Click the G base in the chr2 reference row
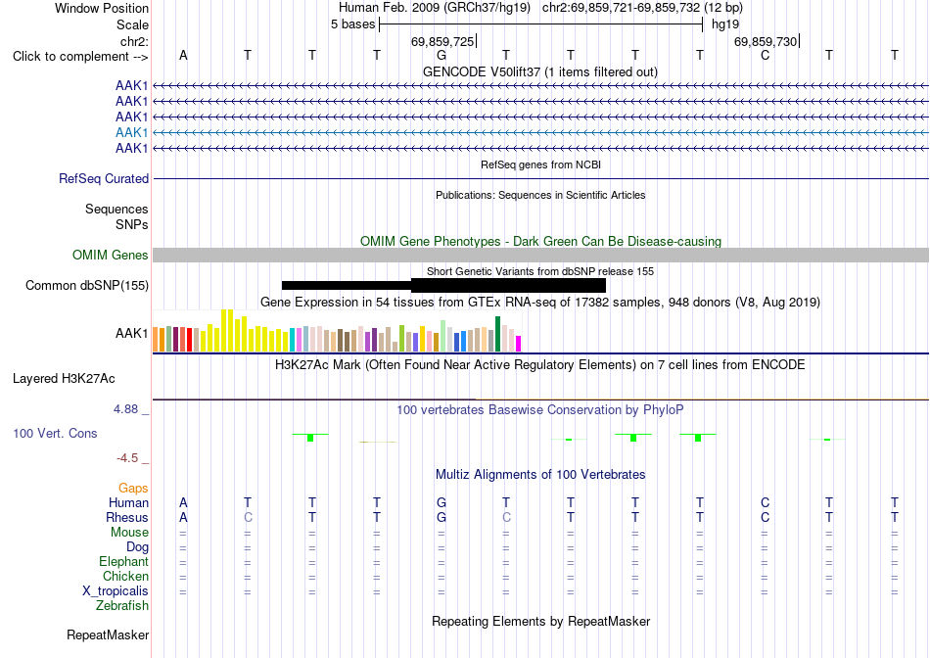tap(442, 55)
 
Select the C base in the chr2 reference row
tap(766, 55)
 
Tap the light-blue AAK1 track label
tap(132, 132)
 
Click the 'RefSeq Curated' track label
tap(104, 178)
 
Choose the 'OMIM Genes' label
tap(111, 256)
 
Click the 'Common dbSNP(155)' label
tap(87, 285)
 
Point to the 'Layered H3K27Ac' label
tap(64, 379)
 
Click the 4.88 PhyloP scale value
tap(125, 409)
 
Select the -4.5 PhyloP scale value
tap(127, 458)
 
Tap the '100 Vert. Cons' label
tap(55, 433)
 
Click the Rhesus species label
tap(127, 517)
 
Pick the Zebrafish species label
tap(122, 606)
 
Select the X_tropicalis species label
tap(116, 591)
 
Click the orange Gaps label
tap(133, 488)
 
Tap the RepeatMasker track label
tap(108, 634)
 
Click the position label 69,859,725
tap(442, 41)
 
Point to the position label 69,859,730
tap(766, 41)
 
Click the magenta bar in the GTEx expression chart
tap(519, 344)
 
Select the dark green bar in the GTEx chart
tap(497, 335)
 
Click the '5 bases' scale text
tap(352, 24)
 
